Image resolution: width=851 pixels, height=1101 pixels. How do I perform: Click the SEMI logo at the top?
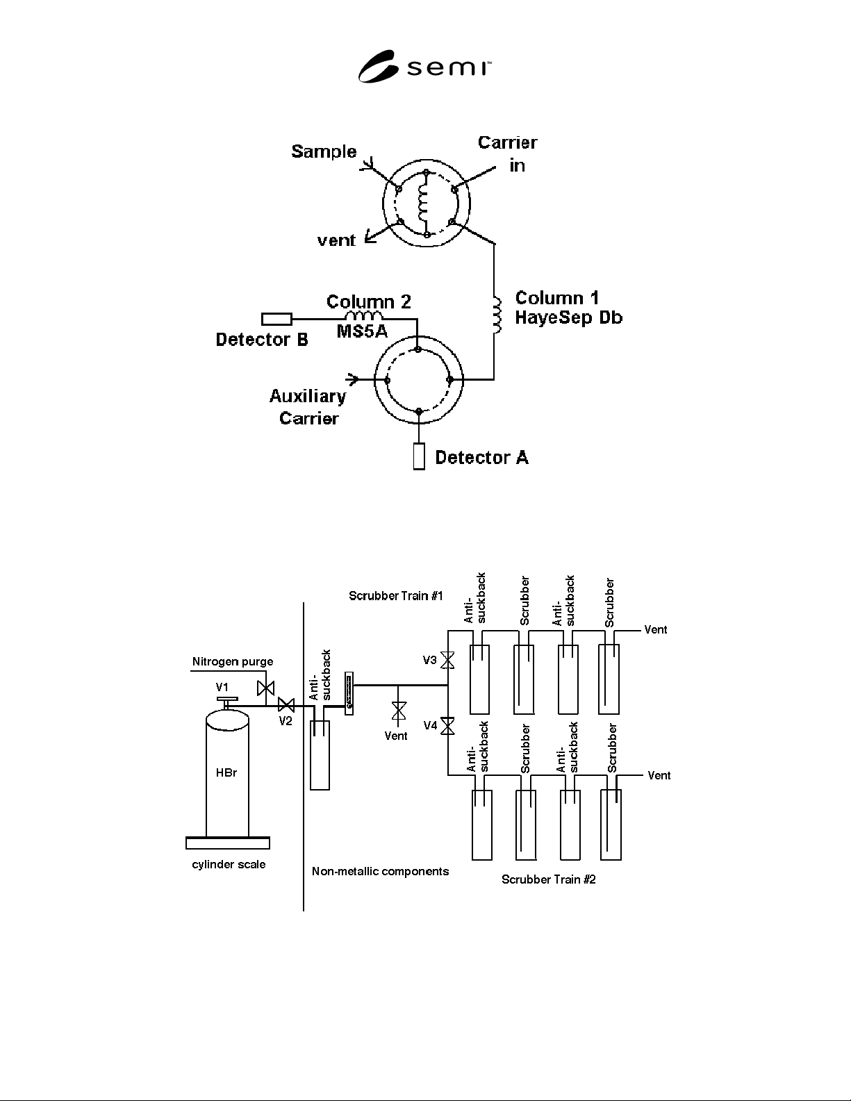click(424, 67)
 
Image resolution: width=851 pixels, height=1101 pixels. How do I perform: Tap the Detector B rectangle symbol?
click(276, 320)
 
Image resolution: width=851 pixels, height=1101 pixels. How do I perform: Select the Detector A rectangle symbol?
click(419, 456)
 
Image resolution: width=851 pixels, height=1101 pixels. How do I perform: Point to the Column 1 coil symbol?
click(497, 315)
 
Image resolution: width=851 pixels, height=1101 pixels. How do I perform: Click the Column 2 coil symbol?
click(364, 315)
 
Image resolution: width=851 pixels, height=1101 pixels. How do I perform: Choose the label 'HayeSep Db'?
click(568, 317)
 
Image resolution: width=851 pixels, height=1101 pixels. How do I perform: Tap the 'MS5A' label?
click(362, 331)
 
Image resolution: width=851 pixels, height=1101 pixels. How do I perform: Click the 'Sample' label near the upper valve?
click(324, 151)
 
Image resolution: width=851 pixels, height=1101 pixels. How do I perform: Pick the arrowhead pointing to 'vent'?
click(370, 237)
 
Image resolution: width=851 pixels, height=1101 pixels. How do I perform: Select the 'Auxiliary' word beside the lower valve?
click(308, 397)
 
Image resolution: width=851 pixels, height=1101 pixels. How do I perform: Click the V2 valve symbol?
click(286, 705)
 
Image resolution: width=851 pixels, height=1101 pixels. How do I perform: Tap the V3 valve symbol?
click(448, 660)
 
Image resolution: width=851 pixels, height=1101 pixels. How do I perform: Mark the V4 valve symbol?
click(448, 726)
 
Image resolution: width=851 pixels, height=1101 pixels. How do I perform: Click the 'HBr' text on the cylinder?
click(226, 772)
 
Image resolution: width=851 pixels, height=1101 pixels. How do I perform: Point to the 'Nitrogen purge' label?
click(233, 662)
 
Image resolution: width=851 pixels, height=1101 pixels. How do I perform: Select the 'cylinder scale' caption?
click(229, 864)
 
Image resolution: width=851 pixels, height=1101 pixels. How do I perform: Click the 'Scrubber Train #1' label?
click(395, 596)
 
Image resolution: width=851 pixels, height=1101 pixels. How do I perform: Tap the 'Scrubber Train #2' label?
click(549, 879)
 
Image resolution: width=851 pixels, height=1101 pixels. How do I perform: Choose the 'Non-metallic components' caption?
click(380, 872)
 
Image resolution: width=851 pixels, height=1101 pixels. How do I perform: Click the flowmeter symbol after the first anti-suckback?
click(349, 693)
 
